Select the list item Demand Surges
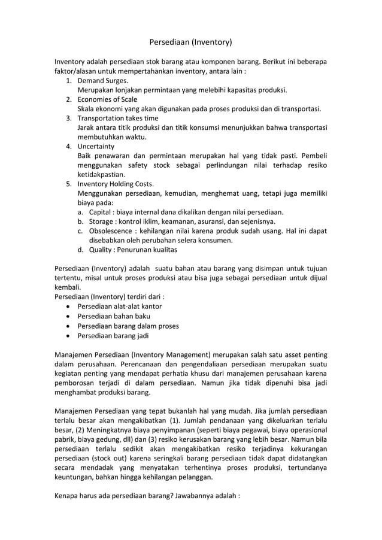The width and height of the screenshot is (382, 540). point(103,80)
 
